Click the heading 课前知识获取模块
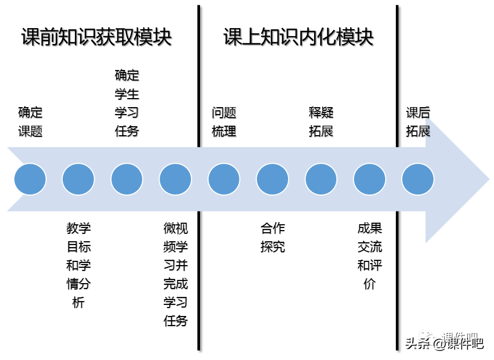click(97, 37)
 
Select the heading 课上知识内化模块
click(298, 37)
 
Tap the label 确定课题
click(30, 122)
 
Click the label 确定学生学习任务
click(127, 103)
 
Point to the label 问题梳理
click(224, 122)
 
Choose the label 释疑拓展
click(320, 122)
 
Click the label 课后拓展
click(418, 122)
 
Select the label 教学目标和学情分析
click(79, 265)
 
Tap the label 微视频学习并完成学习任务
click(176, 275)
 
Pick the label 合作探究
click(273, 238)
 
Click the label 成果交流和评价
click(369, 256)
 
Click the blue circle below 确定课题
click(30, 179)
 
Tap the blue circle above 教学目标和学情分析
click(79, 179)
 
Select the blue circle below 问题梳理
click(224, 179)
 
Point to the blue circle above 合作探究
click(273, 179)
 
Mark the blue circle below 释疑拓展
click(320, 179)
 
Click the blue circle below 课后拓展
click(418, 179)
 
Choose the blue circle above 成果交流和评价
click(369, 179)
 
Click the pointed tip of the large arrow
click(489, 179)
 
